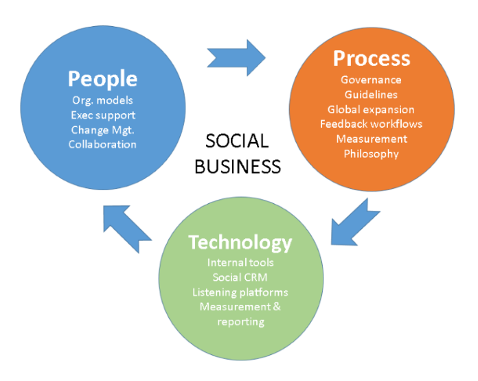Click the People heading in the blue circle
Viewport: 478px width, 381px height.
coord(102,78)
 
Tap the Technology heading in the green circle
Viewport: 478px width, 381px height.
coord(240,242)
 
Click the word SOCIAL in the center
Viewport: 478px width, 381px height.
coord(238,141)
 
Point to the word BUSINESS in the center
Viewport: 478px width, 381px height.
coord(238,166)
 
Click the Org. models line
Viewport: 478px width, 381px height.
coord(102,100)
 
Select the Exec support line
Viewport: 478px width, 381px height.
coord(102,115)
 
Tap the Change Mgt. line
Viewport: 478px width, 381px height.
coord(102,129)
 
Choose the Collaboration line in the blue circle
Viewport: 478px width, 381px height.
coord(102,143)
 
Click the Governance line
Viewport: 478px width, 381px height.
coord(371,80)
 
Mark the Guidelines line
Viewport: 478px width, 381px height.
coord(371,95)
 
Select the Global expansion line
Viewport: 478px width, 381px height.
coord(371,109)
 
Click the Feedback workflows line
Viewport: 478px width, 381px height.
coord(371,124)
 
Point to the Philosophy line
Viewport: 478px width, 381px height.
coord(371,153)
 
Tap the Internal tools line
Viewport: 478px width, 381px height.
coord(240,262)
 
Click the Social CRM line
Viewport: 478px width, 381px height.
coord(240,277)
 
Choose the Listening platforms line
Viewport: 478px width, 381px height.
coord(240,292)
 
